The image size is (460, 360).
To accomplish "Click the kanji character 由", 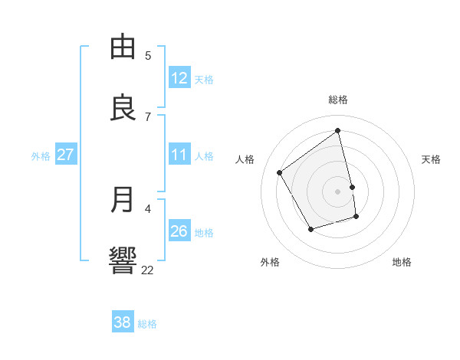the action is pyautogui.click(x=124, y=47).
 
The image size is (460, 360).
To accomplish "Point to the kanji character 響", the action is pyautogui.click(x=124, y=260).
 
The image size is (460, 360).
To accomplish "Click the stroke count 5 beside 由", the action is pyautogui.click(x=148, y=55).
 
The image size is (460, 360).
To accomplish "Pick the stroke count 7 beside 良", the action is pyautogui.click(x=148, y=116).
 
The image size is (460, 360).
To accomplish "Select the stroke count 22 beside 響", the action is pyautogui.click(x=147, y=270).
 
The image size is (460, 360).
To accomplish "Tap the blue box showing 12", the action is pyautogui.click(x=179, y=78).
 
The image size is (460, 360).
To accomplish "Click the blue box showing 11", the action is pyautogui.click(x=179, y=155).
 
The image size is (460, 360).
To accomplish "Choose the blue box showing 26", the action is pyautogui.click(x=179, y=231).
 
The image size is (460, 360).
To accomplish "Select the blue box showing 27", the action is pyautogui.click(x=65, y=155).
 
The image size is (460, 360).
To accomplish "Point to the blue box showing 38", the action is pyautogui.click(x=122, y=322).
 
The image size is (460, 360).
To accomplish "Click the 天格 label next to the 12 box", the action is pyautogui.click(x=203, y=80).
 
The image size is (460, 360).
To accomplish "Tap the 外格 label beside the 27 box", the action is pyautogui.click(x=41, y=156).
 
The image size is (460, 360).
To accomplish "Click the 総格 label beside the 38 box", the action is pyautogui.click(x=147, y=324).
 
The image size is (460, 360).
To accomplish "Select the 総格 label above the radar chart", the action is pyautogui.click(x=338, y=100).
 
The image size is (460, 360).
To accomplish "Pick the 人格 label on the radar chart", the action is pyautogui.click(x=245, y=159).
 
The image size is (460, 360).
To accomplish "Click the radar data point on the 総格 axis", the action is pyautogui.click(x=338, y=130).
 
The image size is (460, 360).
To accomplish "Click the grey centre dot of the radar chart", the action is pyautogui.click(x=338, y=191).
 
